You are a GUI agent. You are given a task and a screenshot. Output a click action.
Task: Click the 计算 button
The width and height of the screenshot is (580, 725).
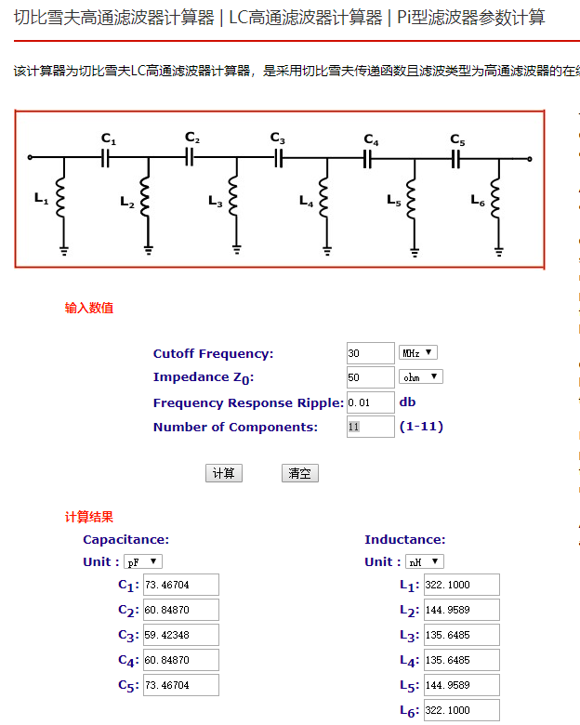tap(223, 473)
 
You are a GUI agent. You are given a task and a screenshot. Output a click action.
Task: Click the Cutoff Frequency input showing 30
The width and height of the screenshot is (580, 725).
tap(370, 353)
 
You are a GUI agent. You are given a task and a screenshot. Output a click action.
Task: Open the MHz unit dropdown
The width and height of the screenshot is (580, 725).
tap(417, 353)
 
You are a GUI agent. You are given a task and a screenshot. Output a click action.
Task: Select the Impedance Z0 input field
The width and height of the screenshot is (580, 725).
tap(370, 377)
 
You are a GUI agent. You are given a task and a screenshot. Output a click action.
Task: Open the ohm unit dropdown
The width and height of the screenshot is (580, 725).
tap(420, 377)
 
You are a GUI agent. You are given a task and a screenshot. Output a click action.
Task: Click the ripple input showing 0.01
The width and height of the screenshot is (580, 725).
tap(370, 402)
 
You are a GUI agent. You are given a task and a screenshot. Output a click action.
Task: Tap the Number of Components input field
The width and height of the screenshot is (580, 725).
tap(370, 427)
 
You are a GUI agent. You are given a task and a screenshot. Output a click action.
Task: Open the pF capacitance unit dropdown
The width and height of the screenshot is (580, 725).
tap(143, 561)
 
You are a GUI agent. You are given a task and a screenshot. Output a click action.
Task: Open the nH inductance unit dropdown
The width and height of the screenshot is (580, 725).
tap(425, 561)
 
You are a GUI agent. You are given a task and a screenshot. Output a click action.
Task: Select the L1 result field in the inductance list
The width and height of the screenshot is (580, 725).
tap(461, 585)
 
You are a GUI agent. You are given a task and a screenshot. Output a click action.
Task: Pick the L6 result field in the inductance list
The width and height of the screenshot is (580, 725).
tap(461, 710)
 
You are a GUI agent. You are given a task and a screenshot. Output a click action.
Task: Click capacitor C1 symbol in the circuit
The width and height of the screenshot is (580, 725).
tap(107, 159)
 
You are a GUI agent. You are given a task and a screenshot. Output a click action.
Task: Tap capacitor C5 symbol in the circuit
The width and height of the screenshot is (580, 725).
tap(456, 159)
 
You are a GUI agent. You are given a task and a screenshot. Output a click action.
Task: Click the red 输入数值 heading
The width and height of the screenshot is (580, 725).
tap(88, 308)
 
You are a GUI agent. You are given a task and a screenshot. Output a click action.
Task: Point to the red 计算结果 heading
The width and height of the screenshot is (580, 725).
tap(88, 517)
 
